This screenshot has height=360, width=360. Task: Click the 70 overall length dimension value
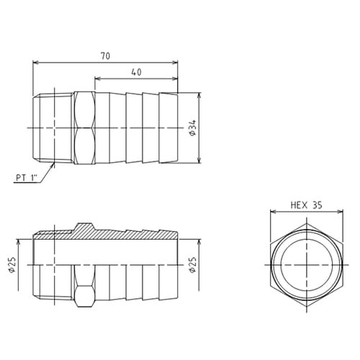coord(105,55)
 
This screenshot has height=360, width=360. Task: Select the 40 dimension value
coord(135,71)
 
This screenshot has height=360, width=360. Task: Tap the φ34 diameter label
coord(192,127)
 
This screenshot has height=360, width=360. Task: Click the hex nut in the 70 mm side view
coord(84,128)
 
